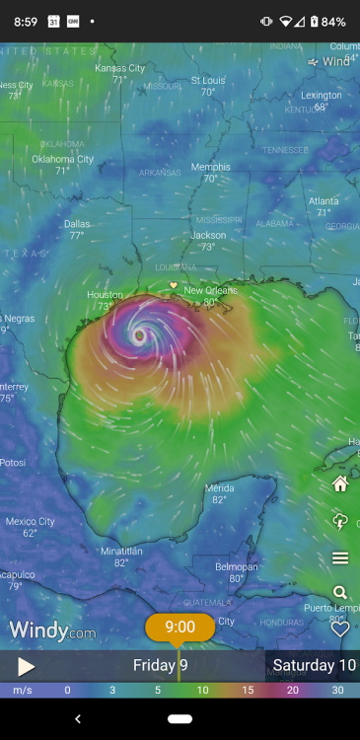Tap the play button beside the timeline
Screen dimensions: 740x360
[26, 666]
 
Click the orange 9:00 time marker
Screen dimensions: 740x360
[180, 627]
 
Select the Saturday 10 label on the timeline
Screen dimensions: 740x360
[314, 665]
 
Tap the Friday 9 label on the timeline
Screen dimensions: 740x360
[160, 665]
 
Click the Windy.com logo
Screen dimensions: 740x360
[52, 630]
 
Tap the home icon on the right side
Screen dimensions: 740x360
[340, 483]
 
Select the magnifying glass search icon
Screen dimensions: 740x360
[340, 593]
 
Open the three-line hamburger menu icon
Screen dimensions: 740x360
[340, 558]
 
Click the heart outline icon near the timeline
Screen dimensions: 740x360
[340, 629]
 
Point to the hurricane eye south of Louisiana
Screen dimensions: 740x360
[139, 335]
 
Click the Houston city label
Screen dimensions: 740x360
[105, 294]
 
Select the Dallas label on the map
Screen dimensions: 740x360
[77, 224]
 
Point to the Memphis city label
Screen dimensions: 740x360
[210, 167]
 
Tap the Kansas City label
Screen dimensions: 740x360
[119, 68]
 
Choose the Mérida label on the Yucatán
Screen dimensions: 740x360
[219, 487]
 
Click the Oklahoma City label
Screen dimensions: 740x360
[62, 159]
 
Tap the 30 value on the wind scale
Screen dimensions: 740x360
[337, 690]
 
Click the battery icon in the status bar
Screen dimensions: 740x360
[314, 21]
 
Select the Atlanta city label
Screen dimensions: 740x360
[323, 200]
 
